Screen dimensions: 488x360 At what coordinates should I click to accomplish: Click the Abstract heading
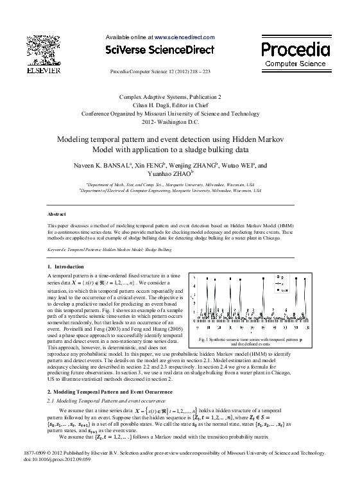click(58, 214)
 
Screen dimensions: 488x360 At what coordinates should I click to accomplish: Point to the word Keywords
click(62, 247)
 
